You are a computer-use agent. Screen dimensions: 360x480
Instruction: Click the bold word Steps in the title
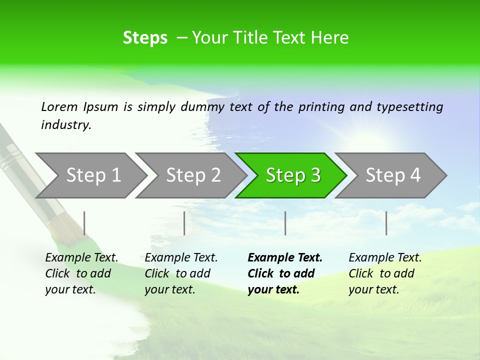tap(145, 38)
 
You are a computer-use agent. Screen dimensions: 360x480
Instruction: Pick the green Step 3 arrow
tap(293, 175)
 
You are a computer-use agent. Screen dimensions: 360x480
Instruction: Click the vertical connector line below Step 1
tap(84, 223)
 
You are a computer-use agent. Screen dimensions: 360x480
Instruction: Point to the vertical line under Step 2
tap(184, 223)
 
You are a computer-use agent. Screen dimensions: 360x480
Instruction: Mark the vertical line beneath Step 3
tap(285, 223)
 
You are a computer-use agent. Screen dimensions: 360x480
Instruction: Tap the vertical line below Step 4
tap(386, 223)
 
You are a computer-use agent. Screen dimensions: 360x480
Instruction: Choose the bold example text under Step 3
tap(284, 273)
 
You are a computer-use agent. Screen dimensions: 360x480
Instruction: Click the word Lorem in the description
tap(59, 106)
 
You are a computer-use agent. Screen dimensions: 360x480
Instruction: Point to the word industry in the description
tap(65, 125)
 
